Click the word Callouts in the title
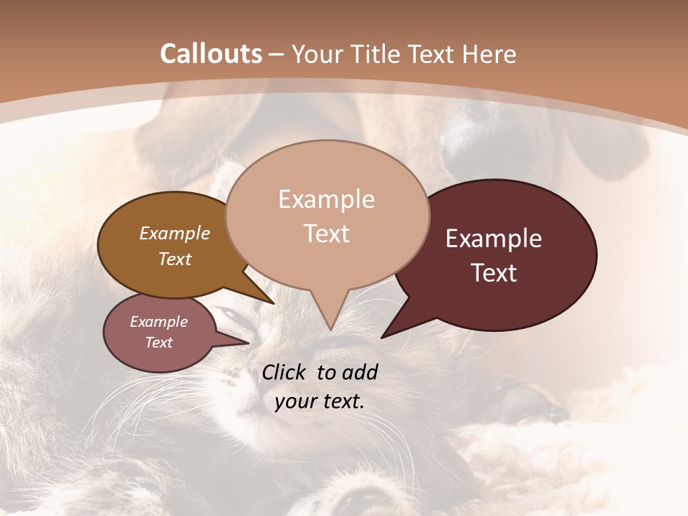point(211,54)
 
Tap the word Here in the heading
point(487,54)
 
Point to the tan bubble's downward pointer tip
point(330,328)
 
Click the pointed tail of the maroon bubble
point(387,334)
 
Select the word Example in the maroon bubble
point(494,239)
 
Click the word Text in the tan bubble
point(326,234)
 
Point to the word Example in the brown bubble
point(175,234)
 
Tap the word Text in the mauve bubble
point(159,343)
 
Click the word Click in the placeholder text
point(285,372)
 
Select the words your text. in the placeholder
point(320,401)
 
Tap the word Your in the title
point(317,54)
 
